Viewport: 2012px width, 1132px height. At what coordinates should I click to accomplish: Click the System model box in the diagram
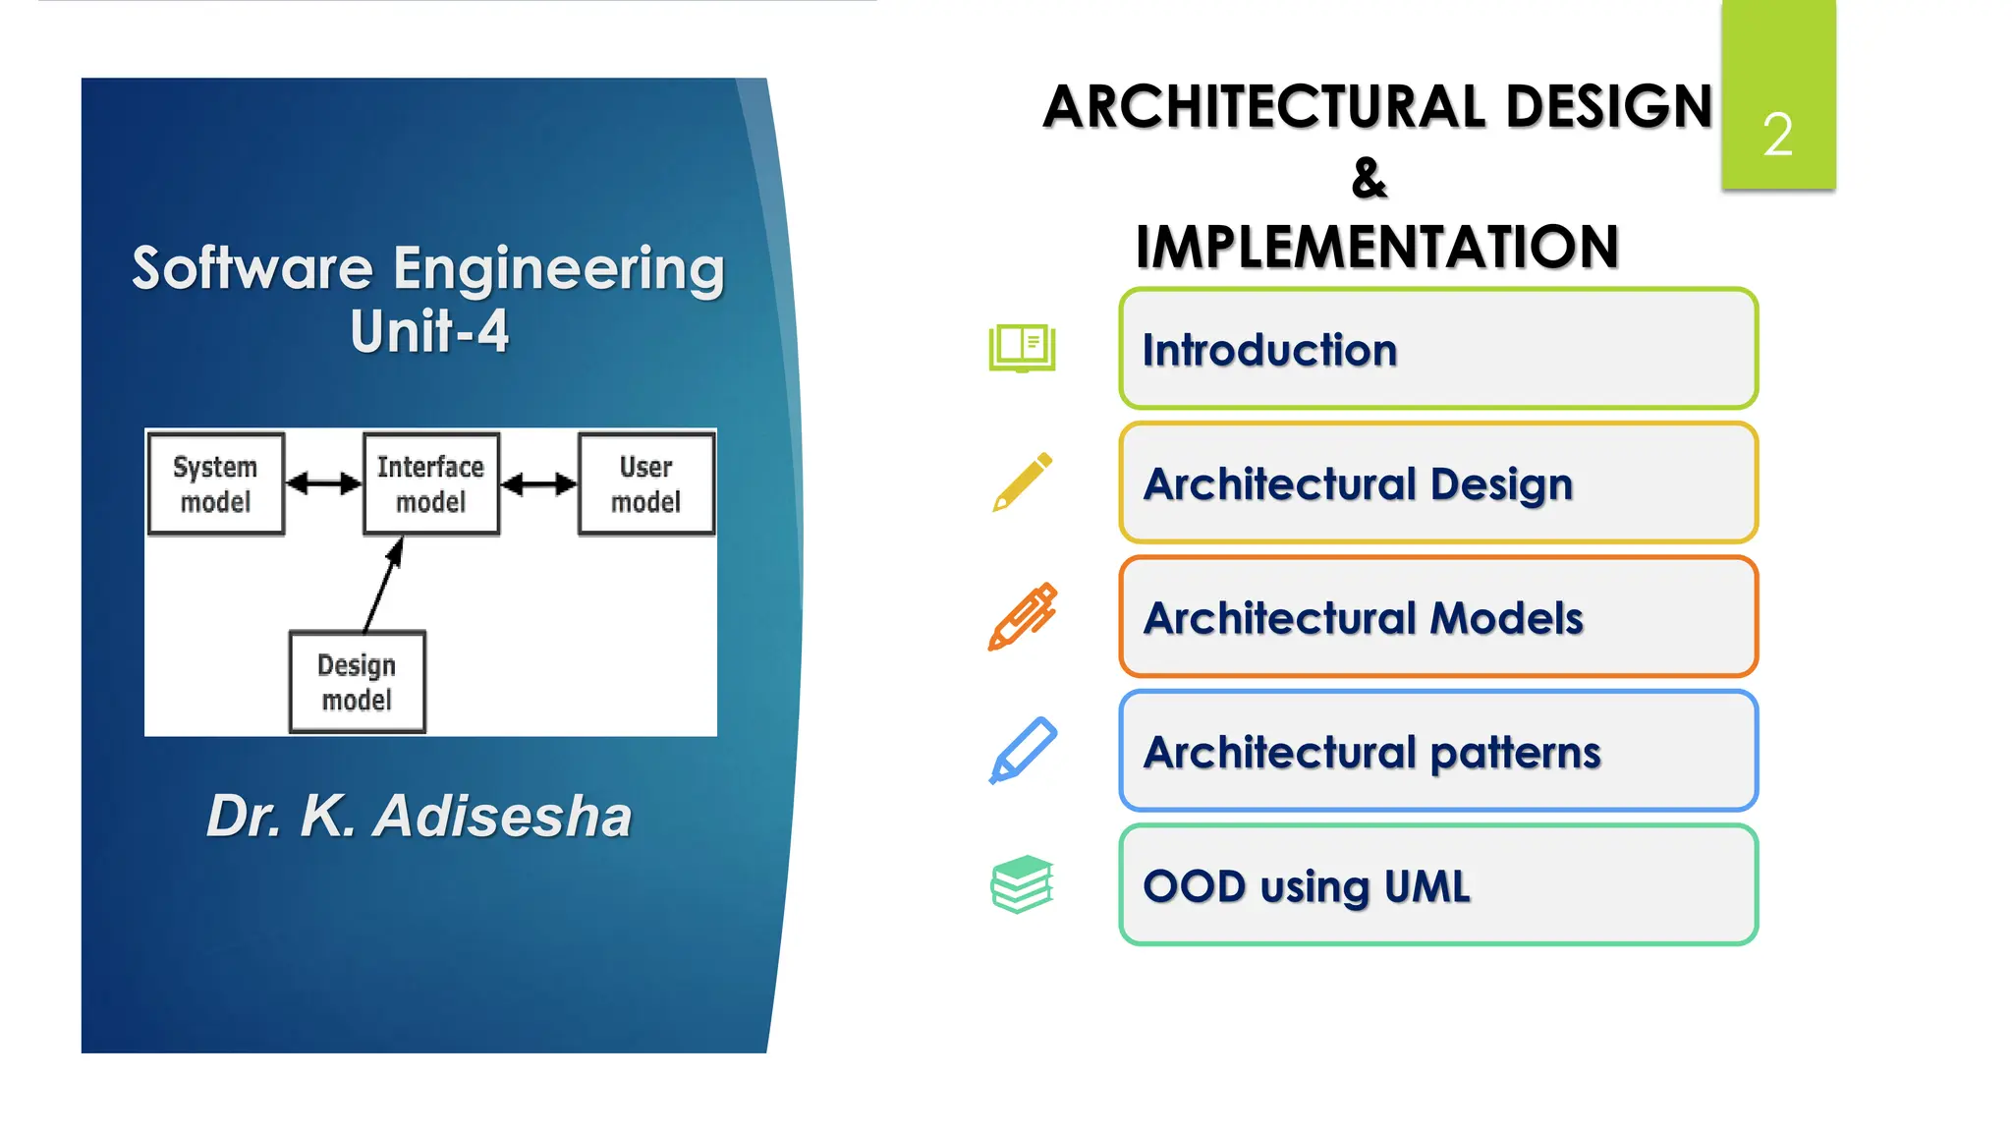point(216,483)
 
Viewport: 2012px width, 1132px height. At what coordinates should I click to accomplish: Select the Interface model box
point(430,483)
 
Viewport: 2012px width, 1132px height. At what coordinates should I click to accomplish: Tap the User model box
point(645,483)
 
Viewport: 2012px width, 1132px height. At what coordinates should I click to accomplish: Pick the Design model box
point(357,682)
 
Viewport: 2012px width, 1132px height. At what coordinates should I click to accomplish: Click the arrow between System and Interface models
point(323,483)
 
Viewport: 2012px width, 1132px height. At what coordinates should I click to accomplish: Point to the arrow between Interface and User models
point(538,483)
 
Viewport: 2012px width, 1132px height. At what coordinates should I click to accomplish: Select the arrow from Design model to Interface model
point(383,585)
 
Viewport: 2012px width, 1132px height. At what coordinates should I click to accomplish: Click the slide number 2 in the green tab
point(1777,135)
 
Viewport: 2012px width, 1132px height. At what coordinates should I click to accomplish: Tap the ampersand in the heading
point(1369,178)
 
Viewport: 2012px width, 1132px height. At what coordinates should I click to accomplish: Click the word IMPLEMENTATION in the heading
point(1376,247)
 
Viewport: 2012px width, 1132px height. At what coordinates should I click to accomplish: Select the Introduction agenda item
point(1437,349)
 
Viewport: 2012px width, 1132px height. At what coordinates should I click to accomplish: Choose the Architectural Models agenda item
point(1437,617)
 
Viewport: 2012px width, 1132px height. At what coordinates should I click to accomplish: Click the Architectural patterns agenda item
point(1437,752)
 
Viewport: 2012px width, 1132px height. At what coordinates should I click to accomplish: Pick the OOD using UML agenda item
point(1437,885)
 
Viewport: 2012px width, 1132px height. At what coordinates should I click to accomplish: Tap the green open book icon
point(1022,348)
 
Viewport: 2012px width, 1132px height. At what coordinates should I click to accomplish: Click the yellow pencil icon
point(1022,482)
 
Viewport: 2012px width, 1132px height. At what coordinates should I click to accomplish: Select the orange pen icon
point(1022,616)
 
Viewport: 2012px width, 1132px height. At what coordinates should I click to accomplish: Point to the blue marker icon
point(1022,751)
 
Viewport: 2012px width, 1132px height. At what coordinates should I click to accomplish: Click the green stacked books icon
point(1022,883)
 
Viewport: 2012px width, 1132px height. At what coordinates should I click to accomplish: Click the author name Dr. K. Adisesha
point(419,816)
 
